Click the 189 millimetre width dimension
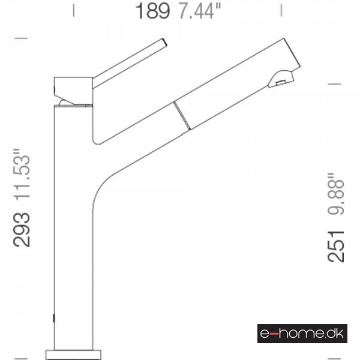[152, 11]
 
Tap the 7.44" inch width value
[199, 11]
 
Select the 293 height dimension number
[22, 230]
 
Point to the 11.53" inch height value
[22, 175]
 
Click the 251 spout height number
[335, 247]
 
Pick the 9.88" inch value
[335, 194]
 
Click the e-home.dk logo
[302, 334]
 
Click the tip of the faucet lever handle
[164, 42]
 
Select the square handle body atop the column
[73, 91]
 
